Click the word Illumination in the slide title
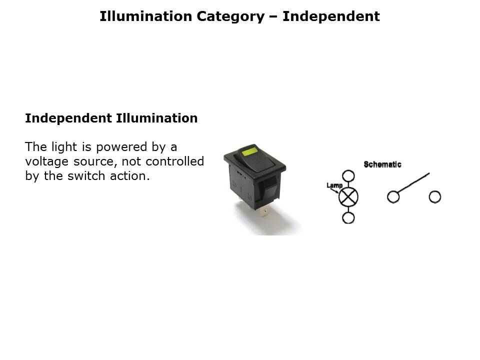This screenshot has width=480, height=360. [x=145, y=16]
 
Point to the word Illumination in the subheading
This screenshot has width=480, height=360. [x=156, y=118]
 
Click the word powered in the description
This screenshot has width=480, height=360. [x=122, y=147]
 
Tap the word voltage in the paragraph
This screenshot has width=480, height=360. [x=46, y=162]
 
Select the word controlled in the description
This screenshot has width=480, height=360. [x=175, y=161]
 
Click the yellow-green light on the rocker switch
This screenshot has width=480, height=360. [x=250, y=151]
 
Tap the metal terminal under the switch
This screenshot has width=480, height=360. [x=264, y=211]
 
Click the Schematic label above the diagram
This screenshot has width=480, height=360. [x=382, y=164]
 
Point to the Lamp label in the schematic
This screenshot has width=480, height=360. [x=334, y=185]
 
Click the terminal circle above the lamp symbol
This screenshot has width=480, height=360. [x=348, y=171]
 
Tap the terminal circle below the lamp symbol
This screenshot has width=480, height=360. [x=348, y=223]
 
